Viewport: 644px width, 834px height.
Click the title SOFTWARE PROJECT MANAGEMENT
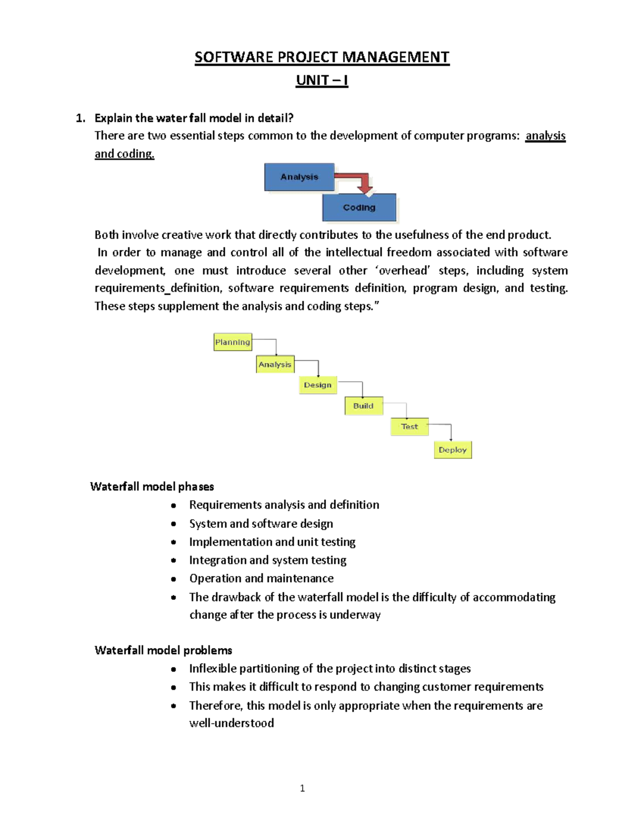coord(321,57)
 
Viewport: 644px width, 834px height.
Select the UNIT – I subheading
coord(321,81)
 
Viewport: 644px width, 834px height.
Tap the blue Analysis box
coord(299,177)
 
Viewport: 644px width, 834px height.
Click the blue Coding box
coord(359,208)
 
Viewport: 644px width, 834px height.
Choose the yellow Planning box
coord(232,342)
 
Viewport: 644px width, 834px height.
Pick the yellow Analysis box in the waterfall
coord(275,364)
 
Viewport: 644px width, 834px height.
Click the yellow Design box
coord(318,385)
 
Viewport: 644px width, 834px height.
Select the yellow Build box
coord(363,406)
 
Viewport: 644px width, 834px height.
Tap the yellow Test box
coord(409,426)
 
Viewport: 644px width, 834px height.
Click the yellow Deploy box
coord(452,450)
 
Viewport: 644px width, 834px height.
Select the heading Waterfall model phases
coord(152,487)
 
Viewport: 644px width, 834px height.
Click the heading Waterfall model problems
coord(163,650)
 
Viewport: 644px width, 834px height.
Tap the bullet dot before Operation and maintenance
coord(173,579)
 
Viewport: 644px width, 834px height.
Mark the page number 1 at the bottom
coord(302,788)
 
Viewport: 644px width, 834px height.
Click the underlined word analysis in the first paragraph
coord(545,136)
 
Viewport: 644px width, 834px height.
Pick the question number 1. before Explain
coord(80,118)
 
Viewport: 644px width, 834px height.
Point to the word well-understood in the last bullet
coord(231,723)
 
